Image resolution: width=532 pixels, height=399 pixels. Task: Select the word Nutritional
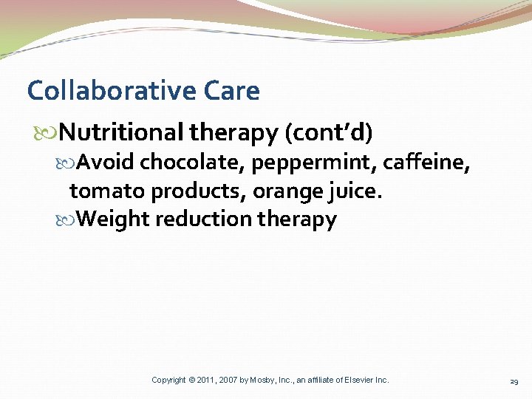121,132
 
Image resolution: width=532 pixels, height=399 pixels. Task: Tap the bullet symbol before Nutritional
50,133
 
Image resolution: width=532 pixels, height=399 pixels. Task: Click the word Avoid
106,161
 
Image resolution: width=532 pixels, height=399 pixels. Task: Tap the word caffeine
426,161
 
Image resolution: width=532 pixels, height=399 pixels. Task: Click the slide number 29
514,381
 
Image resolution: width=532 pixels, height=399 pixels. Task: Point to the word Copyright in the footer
168,380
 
